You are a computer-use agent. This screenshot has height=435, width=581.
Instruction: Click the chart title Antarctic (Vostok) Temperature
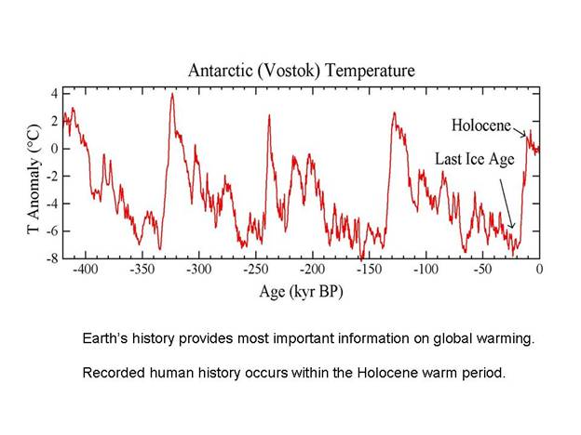pyautogui.click(x=302, y=71)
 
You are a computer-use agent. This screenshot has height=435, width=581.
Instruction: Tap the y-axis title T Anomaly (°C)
pyautogui.click(x=34, y=174)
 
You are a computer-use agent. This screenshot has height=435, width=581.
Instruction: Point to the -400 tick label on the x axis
pyautogui.click(x=87, y=270)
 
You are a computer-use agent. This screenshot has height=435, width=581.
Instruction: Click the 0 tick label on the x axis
pyautogui.click(x=539, y=270)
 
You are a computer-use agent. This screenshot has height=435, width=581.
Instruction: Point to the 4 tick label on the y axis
pyautogui.click(x=55, y=94)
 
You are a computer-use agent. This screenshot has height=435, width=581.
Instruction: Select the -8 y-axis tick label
pyautogui.click(x=52, y=258)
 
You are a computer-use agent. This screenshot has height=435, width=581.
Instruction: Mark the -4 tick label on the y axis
pyautogui.click(x=52, y=204)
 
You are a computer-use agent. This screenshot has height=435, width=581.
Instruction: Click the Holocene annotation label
pyautogui.click(x=484, y=125)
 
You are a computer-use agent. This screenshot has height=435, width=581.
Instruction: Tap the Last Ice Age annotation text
pyautogui.click(x=475, y=159)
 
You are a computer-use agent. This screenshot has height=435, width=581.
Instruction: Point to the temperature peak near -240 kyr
pyautogui.click(x=269, y=115)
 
